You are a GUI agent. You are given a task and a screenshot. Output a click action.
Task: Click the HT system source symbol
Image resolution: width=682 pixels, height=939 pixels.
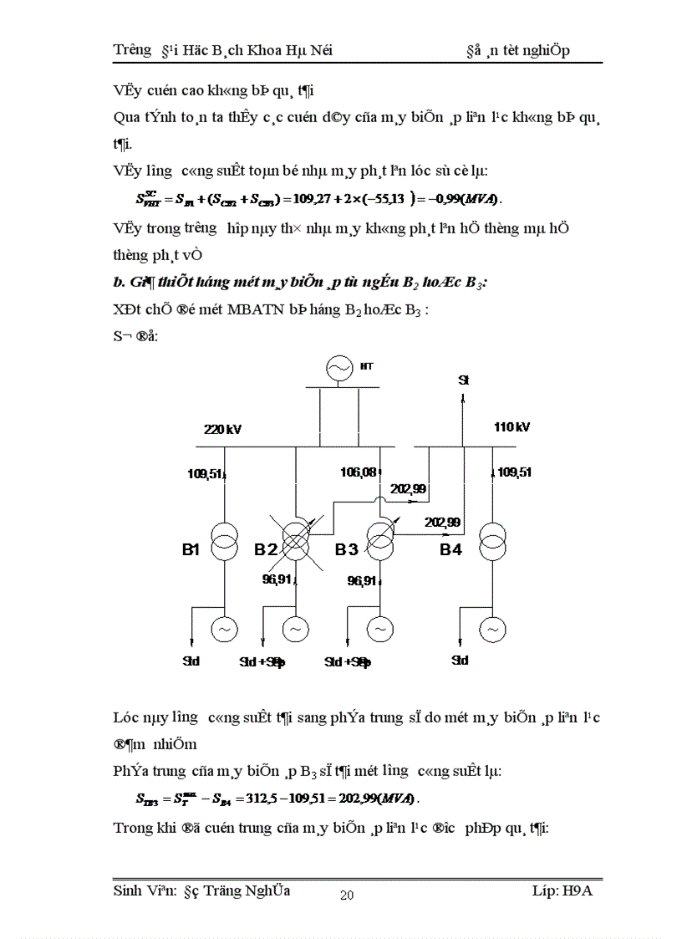tap(339, 368)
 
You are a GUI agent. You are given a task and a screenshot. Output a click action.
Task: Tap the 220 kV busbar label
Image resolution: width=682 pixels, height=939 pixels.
tap(222, 429)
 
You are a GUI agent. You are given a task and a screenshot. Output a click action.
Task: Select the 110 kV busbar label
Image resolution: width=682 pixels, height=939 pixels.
tap(511, 426)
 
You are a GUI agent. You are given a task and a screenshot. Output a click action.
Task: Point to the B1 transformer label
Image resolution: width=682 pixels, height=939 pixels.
tap(191, 549)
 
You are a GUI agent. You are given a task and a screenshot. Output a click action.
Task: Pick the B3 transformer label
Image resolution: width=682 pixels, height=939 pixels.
tap(346, 549)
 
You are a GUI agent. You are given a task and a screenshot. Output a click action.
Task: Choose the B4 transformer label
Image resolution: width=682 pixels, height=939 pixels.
tap(451, 549)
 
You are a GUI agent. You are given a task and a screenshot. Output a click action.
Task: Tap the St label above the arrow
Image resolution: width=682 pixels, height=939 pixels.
tap(464, 380)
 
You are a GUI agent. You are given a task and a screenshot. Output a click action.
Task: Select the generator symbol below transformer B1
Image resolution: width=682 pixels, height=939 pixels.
tap(224, 627)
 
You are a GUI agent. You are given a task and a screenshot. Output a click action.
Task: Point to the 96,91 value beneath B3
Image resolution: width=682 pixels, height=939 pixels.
tap(362, 579)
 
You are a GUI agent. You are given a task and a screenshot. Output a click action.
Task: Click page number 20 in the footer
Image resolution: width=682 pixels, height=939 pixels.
tap(347, 896)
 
